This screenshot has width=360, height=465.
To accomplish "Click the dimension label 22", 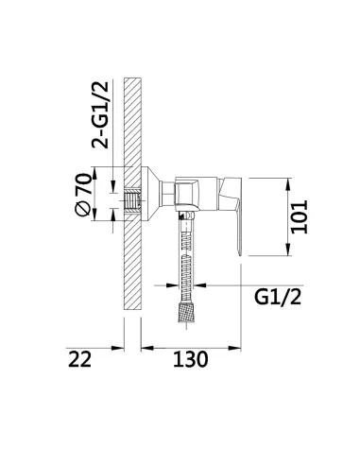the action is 79,359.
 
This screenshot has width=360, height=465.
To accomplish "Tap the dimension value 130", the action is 191,359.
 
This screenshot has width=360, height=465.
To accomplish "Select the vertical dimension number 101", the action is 299,216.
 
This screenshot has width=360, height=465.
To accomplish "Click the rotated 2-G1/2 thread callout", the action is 100,115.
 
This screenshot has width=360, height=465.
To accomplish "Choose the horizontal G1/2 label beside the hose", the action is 278,297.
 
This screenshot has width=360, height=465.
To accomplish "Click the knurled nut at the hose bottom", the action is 187,312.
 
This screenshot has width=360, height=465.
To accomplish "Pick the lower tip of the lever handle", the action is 240,255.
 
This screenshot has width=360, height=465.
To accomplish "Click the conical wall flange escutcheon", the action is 150,194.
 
